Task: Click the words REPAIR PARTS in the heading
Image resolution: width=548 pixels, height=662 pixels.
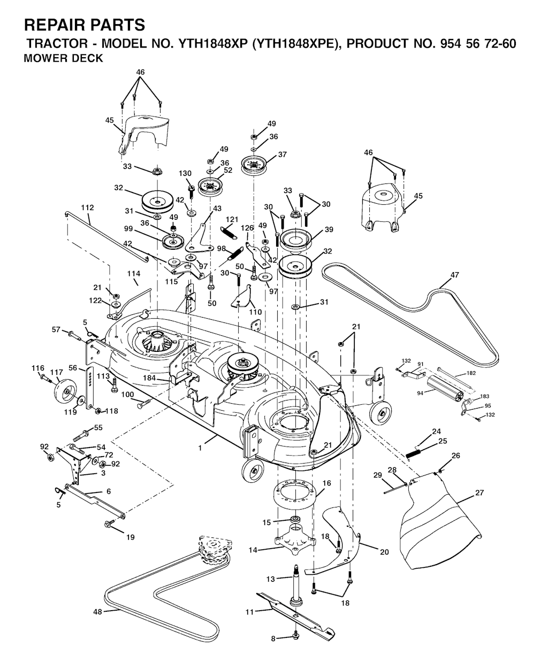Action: pos(85,25)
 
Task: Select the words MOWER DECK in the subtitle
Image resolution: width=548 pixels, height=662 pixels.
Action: pos(64,59)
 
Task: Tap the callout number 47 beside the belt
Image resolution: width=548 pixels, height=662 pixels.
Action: pos(454,275)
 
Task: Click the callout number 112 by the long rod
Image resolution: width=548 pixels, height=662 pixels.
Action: pos(87,207)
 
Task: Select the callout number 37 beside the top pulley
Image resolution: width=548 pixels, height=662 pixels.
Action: pos(282,155)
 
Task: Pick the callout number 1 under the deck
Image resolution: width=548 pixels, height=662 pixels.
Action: pos(200,448)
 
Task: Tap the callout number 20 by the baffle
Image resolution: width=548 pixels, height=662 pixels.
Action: pos(384,552)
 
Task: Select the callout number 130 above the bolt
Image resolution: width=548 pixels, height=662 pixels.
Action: pos(185,174)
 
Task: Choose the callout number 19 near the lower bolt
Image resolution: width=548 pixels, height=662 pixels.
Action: pos(130,537)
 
